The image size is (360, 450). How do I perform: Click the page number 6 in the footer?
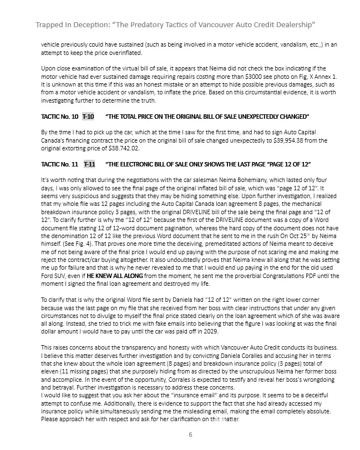pos(190,434)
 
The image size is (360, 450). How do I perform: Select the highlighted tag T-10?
pos(88,117)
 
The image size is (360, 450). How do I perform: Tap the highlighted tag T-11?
pos(90,165)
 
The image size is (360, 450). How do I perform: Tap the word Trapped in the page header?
pos(53,26)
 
